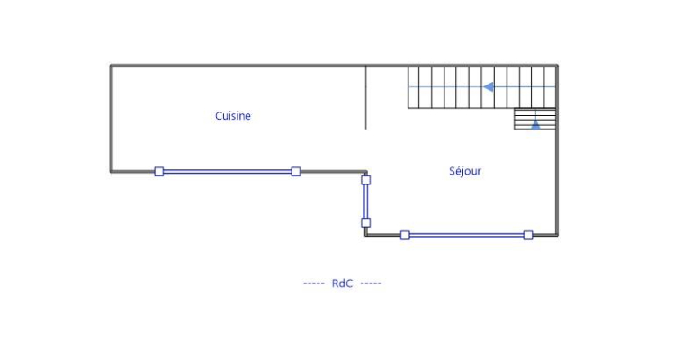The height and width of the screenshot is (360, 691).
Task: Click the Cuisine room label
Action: (x=233, y=116)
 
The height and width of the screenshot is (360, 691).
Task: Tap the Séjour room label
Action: (x=465, y=171)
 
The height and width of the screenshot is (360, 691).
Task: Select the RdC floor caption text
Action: (x=342, y=283)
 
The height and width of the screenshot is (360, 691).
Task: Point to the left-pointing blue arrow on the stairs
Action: (x=489, y=87)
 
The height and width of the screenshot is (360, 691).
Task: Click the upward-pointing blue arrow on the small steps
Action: (x=535, y=124)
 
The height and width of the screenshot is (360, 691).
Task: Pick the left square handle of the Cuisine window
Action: (x=159, y=171)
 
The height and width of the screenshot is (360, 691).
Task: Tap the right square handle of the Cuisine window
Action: (x=295, y=171)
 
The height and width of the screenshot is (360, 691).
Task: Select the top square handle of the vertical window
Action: (x=365, y=180)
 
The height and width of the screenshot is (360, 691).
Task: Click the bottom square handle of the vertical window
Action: (x=365, y=222)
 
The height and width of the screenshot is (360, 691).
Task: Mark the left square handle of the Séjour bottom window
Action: (x=405, y=235)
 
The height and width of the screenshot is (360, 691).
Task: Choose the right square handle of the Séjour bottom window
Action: (x=528, y=235)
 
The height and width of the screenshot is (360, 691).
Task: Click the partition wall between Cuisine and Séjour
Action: (x=366, y=97)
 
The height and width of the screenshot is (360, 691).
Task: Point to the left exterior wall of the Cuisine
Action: (x=111, y=117)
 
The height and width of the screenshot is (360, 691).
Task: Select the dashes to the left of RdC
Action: (x=314, y=283)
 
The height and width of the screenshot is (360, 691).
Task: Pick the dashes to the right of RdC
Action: (x=371, y=283)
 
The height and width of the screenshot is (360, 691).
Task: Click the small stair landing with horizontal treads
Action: (x=535, y=119)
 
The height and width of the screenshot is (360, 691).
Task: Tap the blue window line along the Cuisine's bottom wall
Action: (x=227, y=171)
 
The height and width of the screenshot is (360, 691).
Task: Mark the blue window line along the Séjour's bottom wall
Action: (x=466, y=235)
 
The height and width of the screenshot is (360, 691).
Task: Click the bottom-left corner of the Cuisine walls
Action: (x=112, y=171)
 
